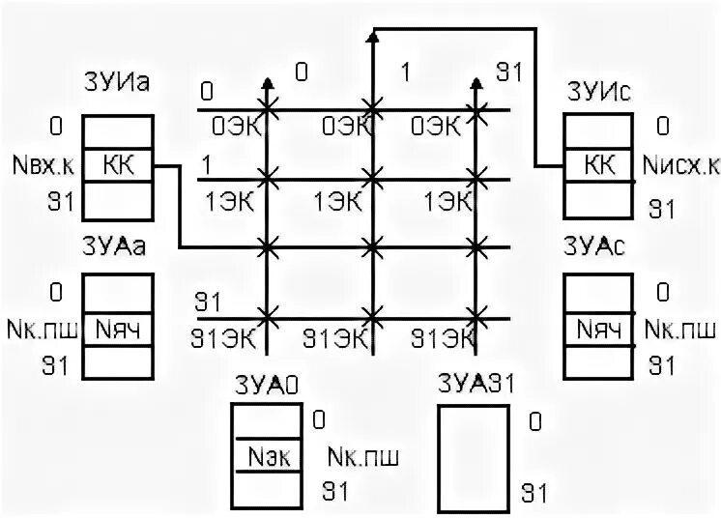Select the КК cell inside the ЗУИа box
coord(117,165)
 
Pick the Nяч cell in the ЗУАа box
coord(117,328)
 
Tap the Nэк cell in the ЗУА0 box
coord(269,455)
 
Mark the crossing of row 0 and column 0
coord(268,109)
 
